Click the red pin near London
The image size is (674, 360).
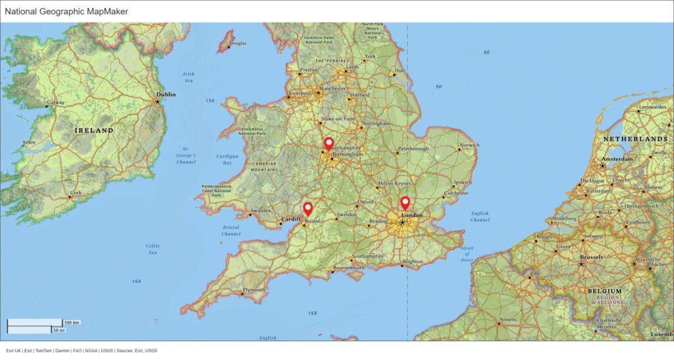pos(405,203)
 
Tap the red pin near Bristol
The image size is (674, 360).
pos(307,209)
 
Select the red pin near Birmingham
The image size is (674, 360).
pos(329,143)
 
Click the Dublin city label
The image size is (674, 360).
pos(166,95)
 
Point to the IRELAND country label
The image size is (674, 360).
pos(93,130)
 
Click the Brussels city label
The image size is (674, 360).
pos(592,257)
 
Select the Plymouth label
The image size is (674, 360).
pos(254,290)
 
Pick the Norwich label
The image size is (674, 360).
pos(469,145)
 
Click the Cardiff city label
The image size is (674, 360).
pos(290,219)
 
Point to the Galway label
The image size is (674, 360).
pos(56,103)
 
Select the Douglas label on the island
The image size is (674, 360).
pos(238,43)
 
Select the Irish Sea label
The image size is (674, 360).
pos(189,77)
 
